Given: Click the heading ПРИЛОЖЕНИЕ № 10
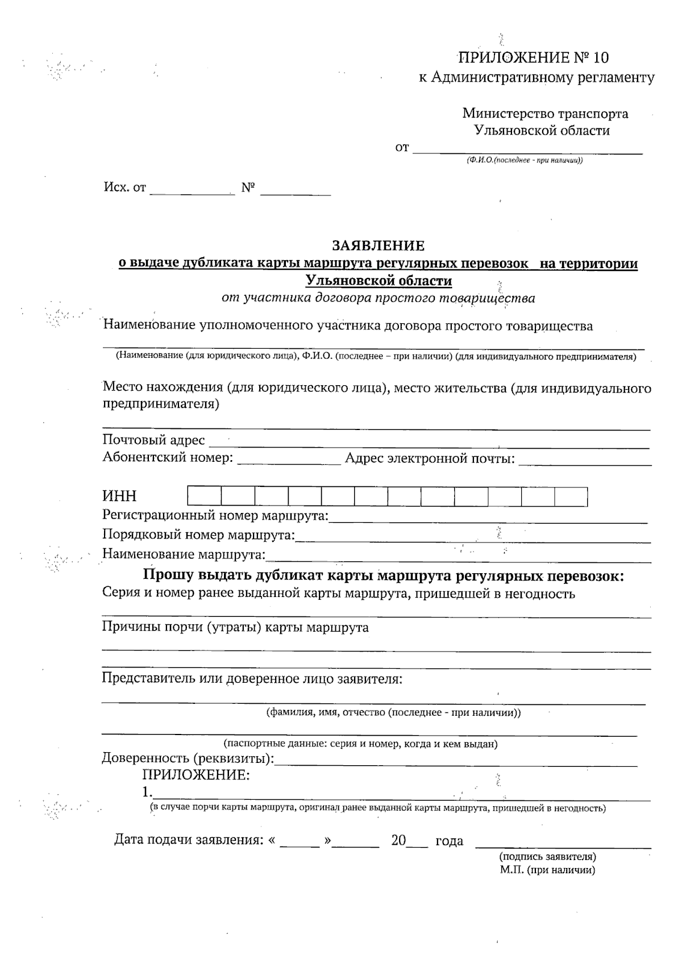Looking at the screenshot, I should point(533,57).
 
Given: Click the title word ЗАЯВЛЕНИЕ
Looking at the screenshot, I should point(378,245).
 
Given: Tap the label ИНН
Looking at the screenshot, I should point(119,496).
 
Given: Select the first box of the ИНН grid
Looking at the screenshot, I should point(205,496).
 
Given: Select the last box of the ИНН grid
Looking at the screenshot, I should point(571,496).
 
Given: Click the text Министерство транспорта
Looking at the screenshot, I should point(545,113).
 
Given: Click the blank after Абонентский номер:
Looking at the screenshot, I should point(288,461).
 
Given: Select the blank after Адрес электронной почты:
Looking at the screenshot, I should point(585,461).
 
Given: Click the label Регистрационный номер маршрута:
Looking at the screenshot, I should point(215,516).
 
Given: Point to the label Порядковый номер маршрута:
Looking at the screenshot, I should point(198,535).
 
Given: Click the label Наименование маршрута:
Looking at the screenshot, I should point(184,554).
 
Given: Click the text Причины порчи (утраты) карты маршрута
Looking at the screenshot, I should point(235,627).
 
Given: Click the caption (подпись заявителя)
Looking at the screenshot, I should point(547,856).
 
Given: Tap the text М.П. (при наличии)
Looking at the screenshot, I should point(547,870).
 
